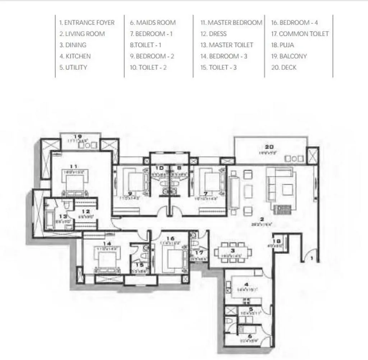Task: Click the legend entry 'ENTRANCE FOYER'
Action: coord(87,23)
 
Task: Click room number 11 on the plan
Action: coord(74,166)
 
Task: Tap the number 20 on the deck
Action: coord(269,146)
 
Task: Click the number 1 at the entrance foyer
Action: coord(312,258)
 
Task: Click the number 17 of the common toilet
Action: coord(200,253)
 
